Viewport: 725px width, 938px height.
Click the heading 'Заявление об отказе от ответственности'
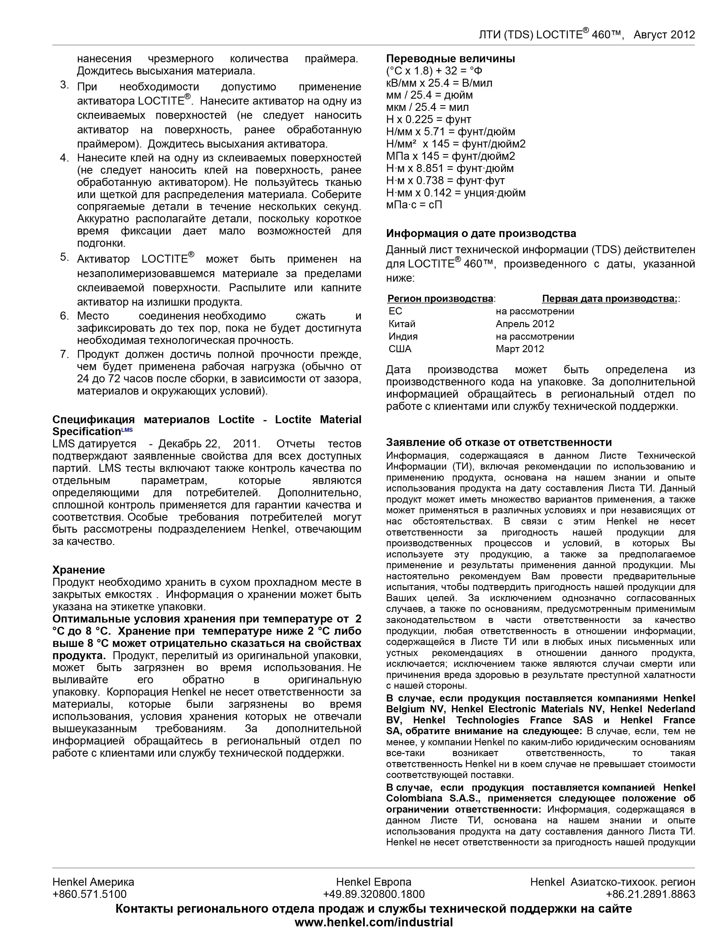(499, 442)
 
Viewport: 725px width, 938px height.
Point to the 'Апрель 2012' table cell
(525, 324)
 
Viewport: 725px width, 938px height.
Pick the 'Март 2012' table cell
(520, 349)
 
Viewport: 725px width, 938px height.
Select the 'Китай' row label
(402, 324)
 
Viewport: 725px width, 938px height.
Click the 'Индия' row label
(403, 336)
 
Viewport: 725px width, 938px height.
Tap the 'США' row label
(400, 349)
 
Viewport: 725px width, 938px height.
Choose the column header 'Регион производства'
(440, 298)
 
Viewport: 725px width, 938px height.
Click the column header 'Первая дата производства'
(609, 298)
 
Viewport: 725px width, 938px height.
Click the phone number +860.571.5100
(89, 894)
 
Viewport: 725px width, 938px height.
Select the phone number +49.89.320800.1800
(374, 894)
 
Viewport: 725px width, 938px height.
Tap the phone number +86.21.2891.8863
(650, 894)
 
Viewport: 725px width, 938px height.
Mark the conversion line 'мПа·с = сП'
(414, 205)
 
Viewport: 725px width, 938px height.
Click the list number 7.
(65, 354)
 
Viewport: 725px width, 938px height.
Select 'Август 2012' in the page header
(664, 35)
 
